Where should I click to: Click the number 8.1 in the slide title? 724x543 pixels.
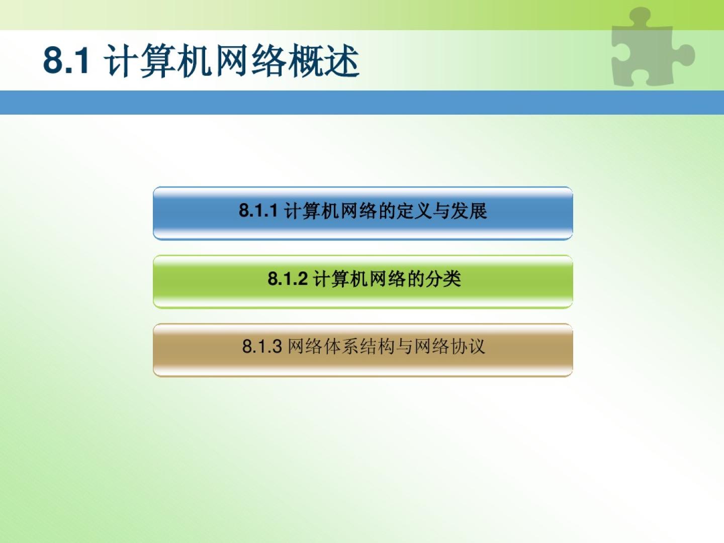coord(66,60)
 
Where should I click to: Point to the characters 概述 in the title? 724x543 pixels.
coord(324,61)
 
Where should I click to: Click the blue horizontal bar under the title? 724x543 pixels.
coord(362,103)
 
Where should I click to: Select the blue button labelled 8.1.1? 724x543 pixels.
coord(363,213)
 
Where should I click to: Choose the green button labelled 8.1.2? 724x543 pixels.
coord(363,282)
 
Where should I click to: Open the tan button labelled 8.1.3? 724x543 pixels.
coord(363,350)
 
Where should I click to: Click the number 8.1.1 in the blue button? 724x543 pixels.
coord(258,210)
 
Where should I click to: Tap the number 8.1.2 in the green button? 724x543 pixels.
coord(288,279)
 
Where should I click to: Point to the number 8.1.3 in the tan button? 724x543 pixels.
coord(262,346)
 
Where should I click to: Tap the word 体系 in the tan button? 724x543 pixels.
coord(341,346)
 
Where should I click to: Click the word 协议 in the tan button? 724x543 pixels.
coord(468,346)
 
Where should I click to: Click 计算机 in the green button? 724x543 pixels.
coord(340,279)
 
